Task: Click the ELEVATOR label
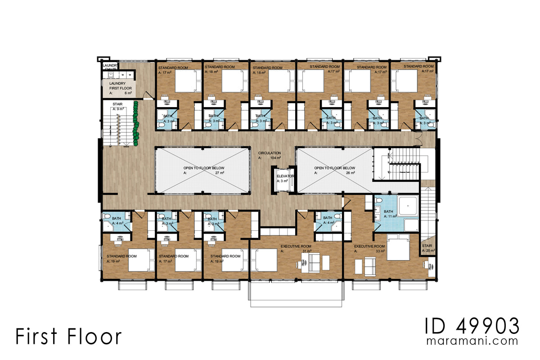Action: coord(285,176)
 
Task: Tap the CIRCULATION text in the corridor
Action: coord(270,153)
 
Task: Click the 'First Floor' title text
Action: coord(68,337)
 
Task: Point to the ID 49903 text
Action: coord(472,325)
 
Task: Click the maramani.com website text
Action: coord(472,342)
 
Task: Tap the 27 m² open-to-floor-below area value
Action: coord(220,173)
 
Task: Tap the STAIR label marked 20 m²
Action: coord(427,248)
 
